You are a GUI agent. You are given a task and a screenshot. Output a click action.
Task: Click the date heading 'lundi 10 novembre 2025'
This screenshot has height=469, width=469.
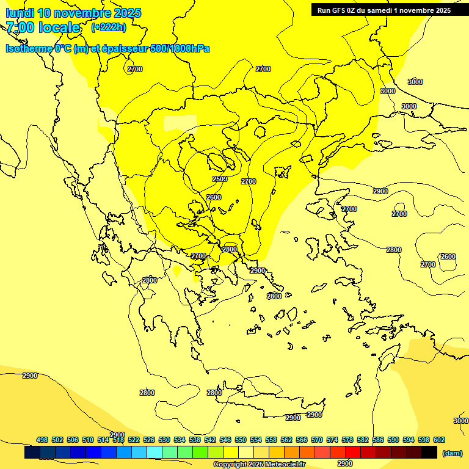pyautogui.click(x=73, y=13)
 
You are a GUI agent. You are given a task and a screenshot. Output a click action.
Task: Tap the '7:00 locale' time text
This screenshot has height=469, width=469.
pyautogui.click(x=43, y=27)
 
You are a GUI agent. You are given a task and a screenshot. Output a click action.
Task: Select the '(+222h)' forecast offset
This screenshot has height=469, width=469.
pyautogui.click(x=109, y=27)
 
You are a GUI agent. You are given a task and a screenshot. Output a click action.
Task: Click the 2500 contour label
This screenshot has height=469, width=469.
pyautogui.click(x=220, y=179)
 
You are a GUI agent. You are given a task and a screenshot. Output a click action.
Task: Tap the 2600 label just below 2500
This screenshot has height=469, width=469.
pyautogui.click(x=214, y=197)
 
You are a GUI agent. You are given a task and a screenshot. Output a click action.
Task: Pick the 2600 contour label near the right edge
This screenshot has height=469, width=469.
pyautogui.click(x=448, y=256)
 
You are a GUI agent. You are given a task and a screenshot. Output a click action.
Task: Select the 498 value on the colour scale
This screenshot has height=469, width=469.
pyautogui.click(x=42, y=440)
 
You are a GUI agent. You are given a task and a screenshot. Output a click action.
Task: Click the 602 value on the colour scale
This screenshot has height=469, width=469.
pyautogui.click(x=439, y=440)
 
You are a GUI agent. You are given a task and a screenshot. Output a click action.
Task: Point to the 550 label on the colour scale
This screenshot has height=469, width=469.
pyautogui.click(x=241, y=440)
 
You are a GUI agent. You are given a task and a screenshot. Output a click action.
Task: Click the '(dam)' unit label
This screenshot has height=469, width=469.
pyautogui.click(x=453, y=453)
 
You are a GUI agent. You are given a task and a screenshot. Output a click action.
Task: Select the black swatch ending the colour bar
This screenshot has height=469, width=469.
pyautogui.click(x=429, y=452)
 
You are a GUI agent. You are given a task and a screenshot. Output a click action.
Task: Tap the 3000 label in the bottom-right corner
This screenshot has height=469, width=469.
pyautogui.click(x=461, y=421)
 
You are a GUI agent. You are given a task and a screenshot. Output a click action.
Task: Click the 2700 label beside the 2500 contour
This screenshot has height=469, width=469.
pyautogui.click(x=249, y=181)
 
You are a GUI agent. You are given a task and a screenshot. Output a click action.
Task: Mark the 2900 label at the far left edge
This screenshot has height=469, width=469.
pyautogui.click(x=29, y=376)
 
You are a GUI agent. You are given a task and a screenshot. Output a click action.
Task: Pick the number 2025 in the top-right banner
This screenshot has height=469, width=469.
pyautogui.click(x=439, y=10)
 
